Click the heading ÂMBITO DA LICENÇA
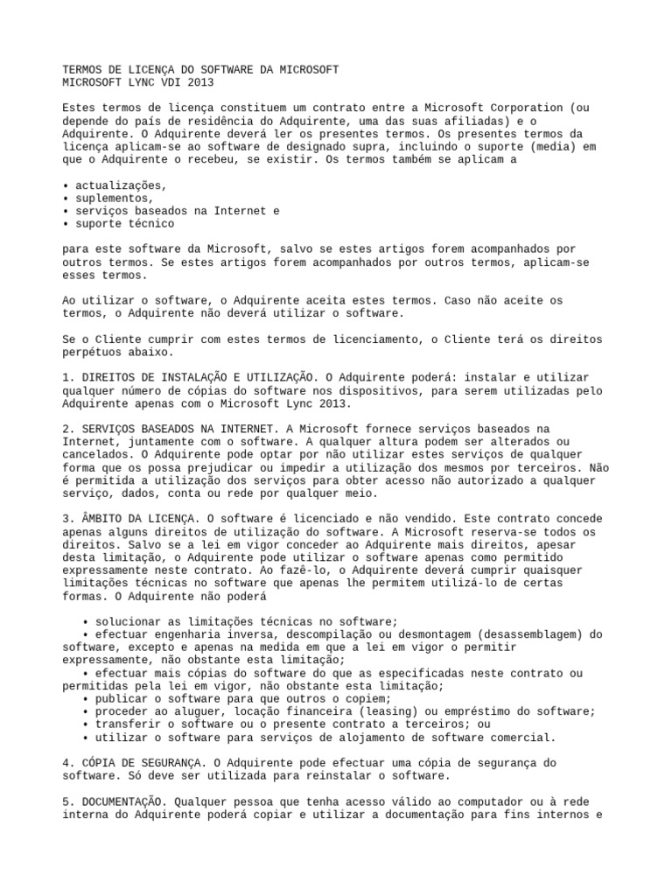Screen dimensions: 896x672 point(137,519)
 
